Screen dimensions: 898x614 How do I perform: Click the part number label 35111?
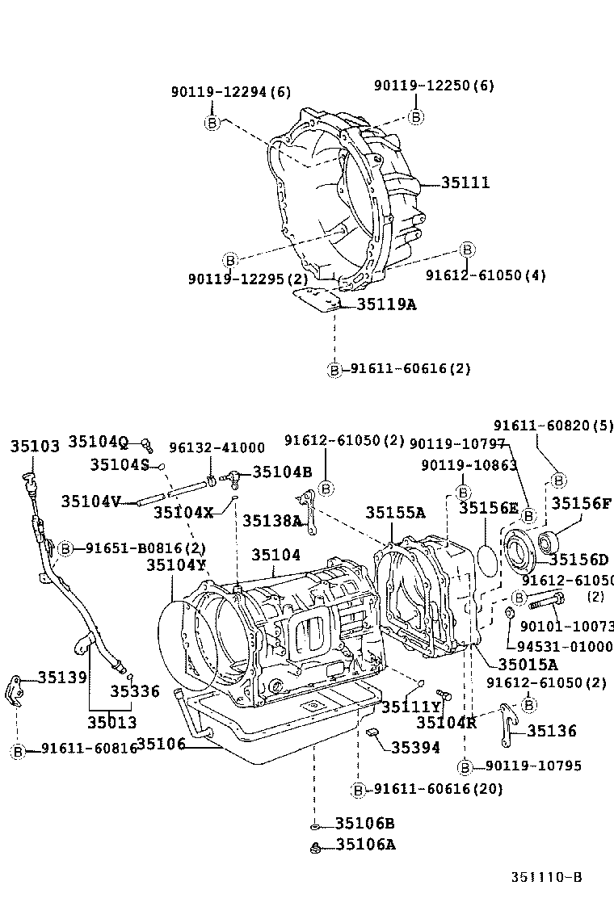pyautogui.click(x=465, y=183)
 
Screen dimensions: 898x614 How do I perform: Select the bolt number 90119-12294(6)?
pyautogui.click(x=230, y=92)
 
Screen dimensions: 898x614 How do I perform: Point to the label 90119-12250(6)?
pyautogui.click(x=434, y=86)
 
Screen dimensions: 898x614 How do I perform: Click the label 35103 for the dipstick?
pyautogui.click(x=35, y=447)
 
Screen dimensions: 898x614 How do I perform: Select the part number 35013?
pyautogui.click(x=112, y=722)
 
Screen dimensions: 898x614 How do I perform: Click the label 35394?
pyautogui.click(x=416, y=748)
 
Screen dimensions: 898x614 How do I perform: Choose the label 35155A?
pyautogui.click(x=395, y=512)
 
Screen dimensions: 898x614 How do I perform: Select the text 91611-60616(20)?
pyautogui.click(x=437, y=789)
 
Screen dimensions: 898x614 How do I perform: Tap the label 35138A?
pyautogui.click(x=271, y=521)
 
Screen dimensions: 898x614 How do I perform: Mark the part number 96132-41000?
pyautogui.click(x=217, y=447)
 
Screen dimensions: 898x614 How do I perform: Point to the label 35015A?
pyautogui.click(x=528, y=664)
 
